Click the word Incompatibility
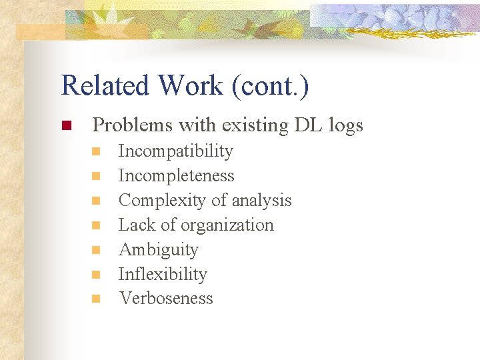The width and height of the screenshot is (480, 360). click(175, 151)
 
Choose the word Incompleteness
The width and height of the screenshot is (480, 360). click(176, 176)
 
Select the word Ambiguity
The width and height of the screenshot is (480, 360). click(158, 250)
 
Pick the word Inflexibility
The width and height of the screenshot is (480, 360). click(162, 274)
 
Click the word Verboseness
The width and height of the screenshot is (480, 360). click(165, 299)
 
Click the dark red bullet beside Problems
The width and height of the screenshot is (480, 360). click(65, 125)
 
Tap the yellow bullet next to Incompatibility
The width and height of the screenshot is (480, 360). click(96, 152)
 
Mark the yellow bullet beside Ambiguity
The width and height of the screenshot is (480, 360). click(96, 250)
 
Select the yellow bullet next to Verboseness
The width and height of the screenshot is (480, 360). click(96, 299)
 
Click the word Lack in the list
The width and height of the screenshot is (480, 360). click(136, 225)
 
